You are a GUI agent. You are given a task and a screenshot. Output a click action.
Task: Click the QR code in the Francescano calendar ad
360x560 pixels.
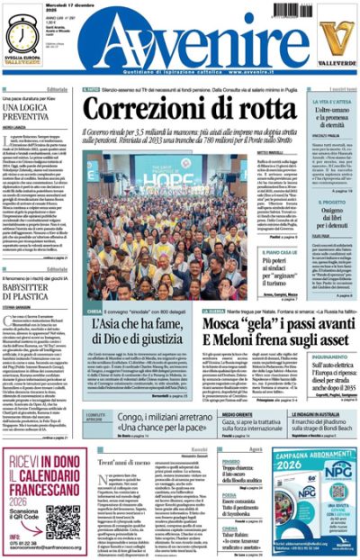(63, 519)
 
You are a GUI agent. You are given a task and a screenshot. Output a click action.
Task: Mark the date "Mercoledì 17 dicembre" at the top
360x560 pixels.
(67, 6)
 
